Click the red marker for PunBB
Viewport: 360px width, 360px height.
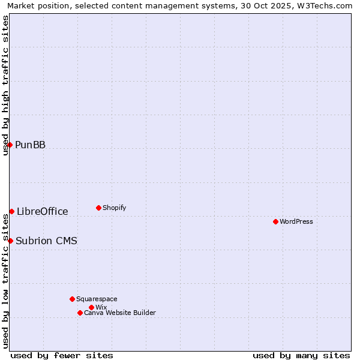pyautogui.click(x=10, y=145)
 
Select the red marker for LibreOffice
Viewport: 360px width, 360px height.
pyautogui.click(x=11, y=211)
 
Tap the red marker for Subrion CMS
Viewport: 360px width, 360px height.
pyautogui.click(x=10, y=241)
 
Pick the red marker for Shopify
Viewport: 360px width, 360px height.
pyautogui.click(x=98, y=208)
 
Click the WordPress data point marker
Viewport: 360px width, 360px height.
pyautogui.click(x=275, y=221)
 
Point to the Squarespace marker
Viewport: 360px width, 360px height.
pyautogui.click(x=72, y=299)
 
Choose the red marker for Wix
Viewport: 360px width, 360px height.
pyautogui.click(x=91, y=307)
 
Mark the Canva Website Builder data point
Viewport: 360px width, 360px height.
pyautogui.click(x=80, y=313)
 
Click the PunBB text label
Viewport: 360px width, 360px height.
pyautogui.click(x=30, y=145)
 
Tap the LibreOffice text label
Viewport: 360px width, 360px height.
pyautogui.click(x=42, y=211)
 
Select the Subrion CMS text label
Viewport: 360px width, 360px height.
pyautogui.click(x=46, y=241)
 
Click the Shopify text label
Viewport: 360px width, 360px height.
pyautogui.click(x=114, y=208)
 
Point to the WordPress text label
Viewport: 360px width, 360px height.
pyautogui.click(x=296, y=221)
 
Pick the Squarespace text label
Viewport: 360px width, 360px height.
pyautogui.click(x=97, y=299)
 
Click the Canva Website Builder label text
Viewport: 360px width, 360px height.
pyautogui.click(x=119, y=313)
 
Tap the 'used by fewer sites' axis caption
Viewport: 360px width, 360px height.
pyautogui.click(x=62, y=355)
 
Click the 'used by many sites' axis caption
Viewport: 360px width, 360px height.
pyautogui.click(x=301, y=355)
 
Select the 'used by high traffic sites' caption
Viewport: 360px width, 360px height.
pyautogui.click(x=6, y=85)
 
